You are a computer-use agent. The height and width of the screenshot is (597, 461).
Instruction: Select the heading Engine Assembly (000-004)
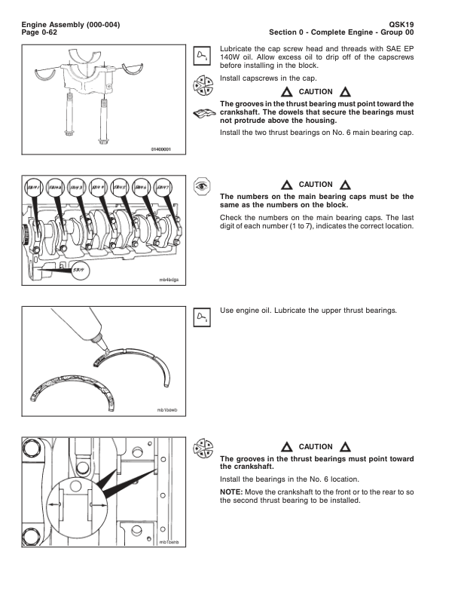pos(71,25)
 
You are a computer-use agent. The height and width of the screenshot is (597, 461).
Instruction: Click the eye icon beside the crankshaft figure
pos(201,185)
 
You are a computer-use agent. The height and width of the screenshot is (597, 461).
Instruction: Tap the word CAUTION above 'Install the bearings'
pos(315,446)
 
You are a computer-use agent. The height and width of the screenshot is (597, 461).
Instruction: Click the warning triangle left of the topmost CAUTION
pos(286,93)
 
